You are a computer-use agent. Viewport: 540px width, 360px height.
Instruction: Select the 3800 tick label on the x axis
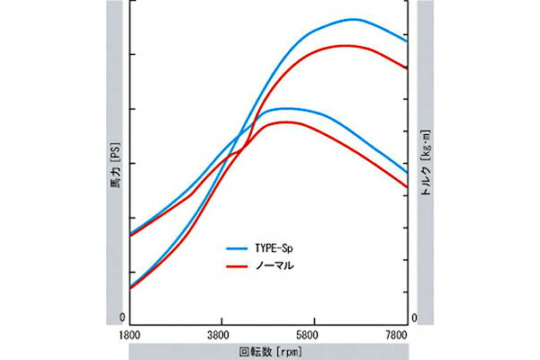(x=221, y=332)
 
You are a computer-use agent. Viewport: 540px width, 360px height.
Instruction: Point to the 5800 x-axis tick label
(x=313, y=332)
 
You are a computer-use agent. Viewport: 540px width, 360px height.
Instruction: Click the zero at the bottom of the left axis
(x=122, y=319)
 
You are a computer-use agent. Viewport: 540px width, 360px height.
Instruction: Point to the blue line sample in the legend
(x=237, y=247)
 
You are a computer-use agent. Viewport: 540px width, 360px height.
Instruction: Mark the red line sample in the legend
(x=237, y=266)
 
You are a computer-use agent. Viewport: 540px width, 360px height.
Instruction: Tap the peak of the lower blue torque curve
(x=284, y=108)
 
